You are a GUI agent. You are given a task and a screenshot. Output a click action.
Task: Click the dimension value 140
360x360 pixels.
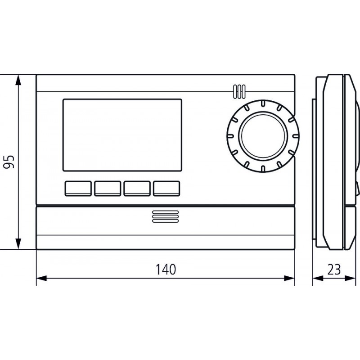165,270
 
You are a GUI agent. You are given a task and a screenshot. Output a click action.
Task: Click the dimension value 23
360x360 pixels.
333,270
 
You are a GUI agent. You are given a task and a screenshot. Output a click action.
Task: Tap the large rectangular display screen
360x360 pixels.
122,135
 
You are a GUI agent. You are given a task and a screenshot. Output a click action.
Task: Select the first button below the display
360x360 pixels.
78,189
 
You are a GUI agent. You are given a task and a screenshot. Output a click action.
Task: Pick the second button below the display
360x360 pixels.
108,189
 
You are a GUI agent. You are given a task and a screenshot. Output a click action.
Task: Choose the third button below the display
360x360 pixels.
137,189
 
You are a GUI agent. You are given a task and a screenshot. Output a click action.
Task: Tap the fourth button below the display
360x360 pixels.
166,189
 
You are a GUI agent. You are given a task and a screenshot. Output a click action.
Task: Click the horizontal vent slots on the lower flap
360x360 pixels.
165,216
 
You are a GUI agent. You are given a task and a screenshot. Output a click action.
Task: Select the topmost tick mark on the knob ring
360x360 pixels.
261,104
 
